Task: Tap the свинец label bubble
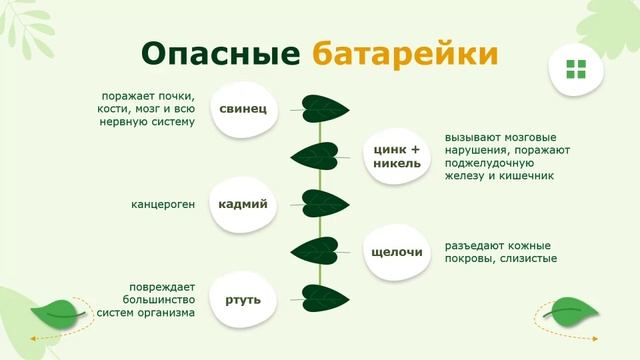pos(243,108)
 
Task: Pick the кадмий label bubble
pos(243,204)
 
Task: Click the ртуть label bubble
pos(243,298)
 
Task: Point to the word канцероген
pos(163,205)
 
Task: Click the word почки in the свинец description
pos(175,95)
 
